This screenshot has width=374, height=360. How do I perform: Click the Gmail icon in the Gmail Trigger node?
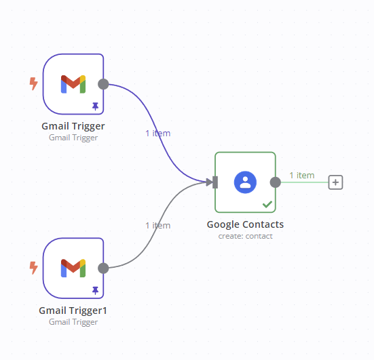[x=73, y=84]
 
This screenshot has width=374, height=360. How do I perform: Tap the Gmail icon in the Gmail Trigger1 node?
[x=73, y=268]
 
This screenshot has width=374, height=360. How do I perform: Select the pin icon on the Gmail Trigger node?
[x=96, y=106]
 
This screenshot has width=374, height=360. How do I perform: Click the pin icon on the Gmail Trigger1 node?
[x=96, y=290]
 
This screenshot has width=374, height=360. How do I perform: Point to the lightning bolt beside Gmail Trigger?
[x=34, y=83]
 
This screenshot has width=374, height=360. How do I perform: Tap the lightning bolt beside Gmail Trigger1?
[x=34, y=268]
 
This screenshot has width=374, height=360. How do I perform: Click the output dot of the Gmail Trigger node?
[x=103, y=84]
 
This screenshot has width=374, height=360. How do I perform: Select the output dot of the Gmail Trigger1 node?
[x=103, y=268]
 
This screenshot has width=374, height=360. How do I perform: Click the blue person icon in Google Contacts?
[x=245, y=182]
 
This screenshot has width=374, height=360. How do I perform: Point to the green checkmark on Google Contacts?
[x=267, y=204]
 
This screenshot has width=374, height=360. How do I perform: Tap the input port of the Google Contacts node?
[x=215, y=182]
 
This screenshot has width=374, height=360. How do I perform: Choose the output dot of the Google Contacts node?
[x=276, y=182]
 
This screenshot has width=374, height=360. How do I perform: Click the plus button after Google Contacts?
[x=335, y=182]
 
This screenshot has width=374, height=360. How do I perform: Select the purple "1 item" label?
[x=158, y=134]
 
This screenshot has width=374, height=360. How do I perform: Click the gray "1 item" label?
[x=158, y=225]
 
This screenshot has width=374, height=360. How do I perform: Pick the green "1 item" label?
[x=302, y=176]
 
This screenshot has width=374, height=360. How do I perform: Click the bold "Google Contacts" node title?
[x=245, y=224]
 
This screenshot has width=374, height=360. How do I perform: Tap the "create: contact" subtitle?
[x=245, y=236]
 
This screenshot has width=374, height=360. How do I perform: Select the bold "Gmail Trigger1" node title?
[x=73, y=311]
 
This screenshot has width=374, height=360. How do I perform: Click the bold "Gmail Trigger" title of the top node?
[x=73, y=126]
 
